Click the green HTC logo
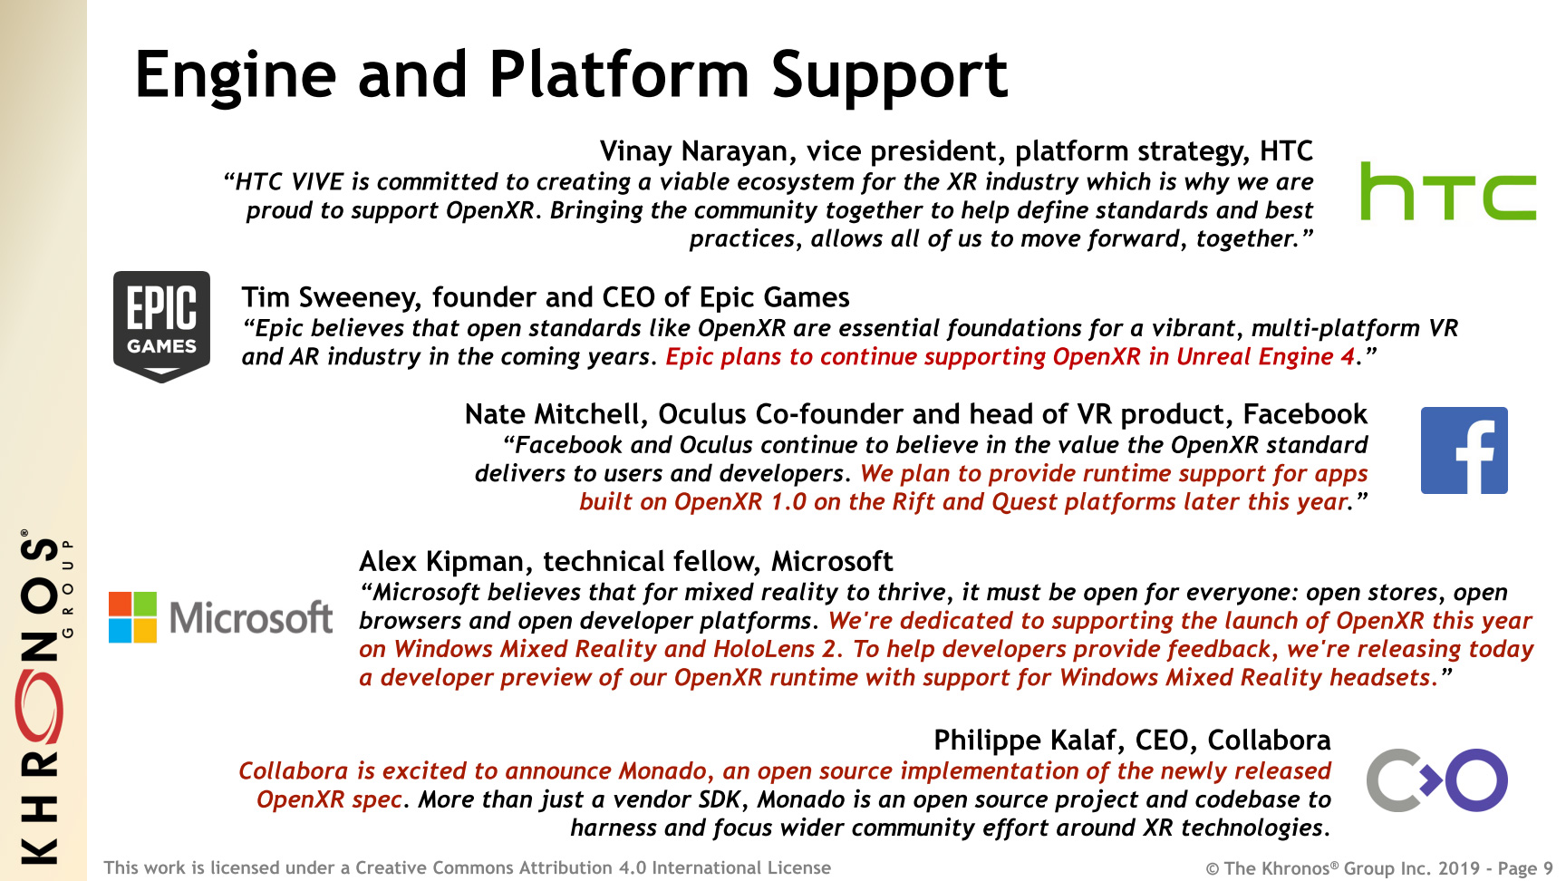pyautogui.click(x=1448, y=191)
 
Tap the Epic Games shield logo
pyautogui.click(x=161, y=326)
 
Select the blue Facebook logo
pyautogui.click(x=1464, y=450)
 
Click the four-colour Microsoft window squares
pyautogui.click(x=132, y=617)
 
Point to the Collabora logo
pyautogui.click(x=1436, y=779)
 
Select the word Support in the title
pyautogui.click(x=889, y=76)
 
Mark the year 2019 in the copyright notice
pyautogui.click(x=1458, y=868)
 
